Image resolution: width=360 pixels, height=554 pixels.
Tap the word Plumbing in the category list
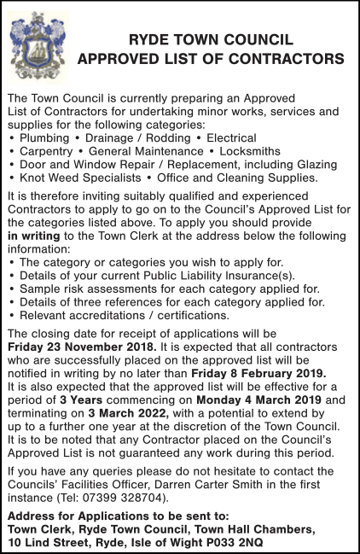(44, 137)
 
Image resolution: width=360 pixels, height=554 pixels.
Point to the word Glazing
(314, 164)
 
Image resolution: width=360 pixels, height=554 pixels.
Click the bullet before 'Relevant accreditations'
(11, 315)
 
